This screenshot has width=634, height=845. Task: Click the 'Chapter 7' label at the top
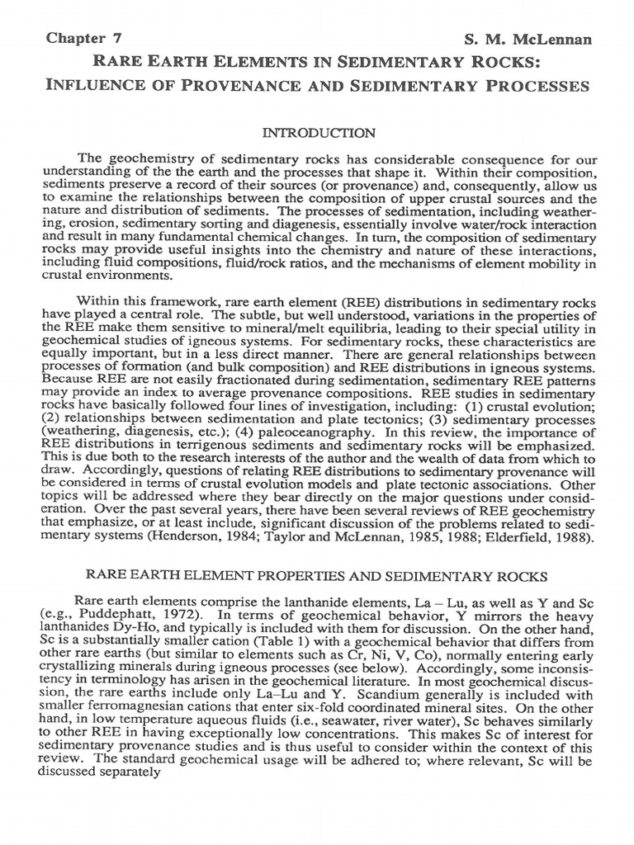tap(77, 39)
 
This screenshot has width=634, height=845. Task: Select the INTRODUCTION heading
tap(319, 132)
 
